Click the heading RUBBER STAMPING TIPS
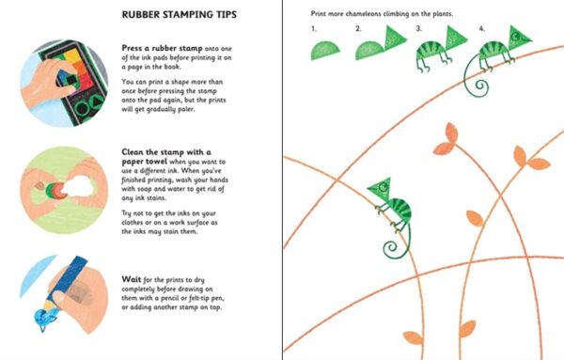180,15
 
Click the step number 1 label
314,28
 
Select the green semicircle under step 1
325,51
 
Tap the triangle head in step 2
395,38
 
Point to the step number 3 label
418,28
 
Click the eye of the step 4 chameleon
516,36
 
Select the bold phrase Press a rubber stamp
162,48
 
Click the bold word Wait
132,279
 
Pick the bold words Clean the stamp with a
166,151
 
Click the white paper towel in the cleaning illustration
78,187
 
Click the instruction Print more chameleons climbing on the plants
382,14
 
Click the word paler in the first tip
185,109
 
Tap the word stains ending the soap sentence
156,197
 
